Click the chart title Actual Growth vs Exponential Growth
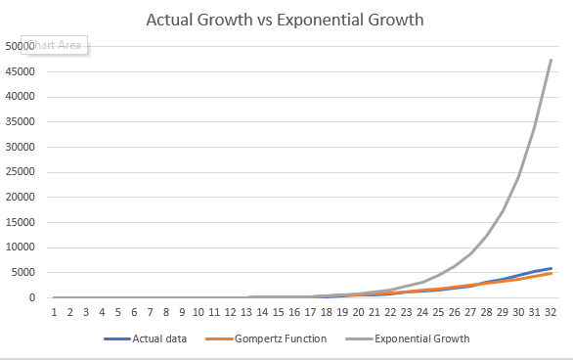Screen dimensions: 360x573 286,20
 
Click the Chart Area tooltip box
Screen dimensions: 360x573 59,45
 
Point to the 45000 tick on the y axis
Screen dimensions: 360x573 21,71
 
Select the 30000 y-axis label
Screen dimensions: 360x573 21,147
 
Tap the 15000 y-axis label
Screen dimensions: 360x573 21,222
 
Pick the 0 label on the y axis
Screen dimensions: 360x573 33,297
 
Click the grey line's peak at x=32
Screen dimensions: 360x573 551,60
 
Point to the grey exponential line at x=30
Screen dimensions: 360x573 518,176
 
